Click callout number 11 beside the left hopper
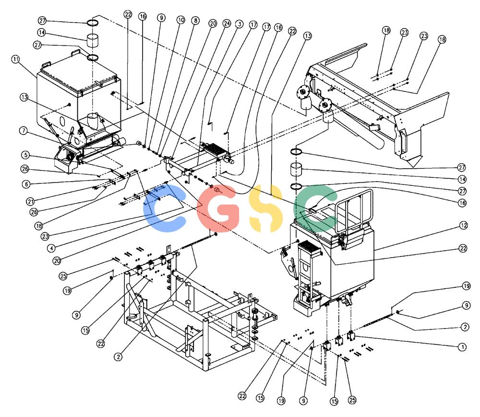16,59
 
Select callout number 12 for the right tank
464,225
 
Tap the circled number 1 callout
462,347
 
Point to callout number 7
24,131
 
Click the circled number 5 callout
26,155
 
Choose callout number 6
26,184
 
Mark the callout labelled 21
30,201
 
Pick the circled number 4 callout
51,248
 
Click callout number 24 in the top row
227,23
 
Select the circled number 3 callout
239,24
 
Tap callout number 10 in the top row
181,20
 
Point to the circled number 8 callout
195,21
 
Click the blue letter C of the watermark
164,208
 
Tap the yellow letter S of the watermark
266,208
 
